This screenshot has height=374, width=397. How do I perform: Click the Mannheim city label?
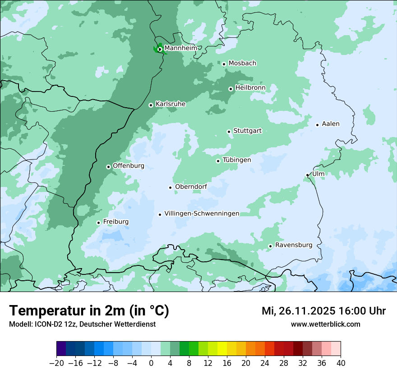[180, 48]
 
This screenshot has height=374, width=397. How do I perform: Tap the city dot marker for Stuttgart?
[229, 132]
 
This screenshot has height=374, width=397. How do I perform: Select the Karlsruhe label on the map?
[170, 104]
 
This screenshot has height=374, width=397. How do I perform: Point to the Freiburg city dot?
[98, 223]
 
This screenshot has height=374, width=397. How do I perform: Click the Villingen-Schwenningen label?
[202, 214]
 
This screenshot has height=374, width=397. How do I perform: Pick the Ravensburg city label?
[293, 245]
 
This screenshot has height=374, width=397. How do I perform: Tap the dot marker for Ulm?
[308, 175]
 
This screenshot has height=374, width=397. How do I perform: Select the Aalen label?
[330, 124]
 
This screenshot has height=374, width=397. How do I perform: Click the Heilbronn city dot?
[231, 89]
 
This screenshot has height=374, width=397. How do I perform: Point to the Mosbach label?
[242, 64]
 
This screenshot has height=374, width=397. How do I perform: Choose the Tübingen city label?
[236, 160]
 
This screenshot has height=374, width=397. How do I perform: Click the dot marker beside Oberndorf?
[170, 187]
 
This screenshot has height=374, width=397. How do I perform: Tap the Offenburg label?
[129, 166]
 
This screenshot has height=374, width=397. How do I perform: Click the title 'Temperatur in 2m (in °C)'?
[89, 311]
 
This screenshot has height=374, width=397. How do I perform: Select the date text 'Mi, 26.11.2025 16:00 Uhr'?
[323, 311]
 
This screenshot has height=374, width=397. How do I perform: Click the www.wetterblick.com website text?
[325, 324]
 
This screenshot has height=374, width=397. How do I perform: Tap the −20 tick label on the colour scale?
[57, 363]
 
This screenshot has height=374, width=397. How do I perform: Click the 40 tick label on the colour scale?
[341, 363]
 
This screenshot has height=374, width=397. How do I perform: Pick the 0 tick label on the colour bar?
[151, 363]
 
